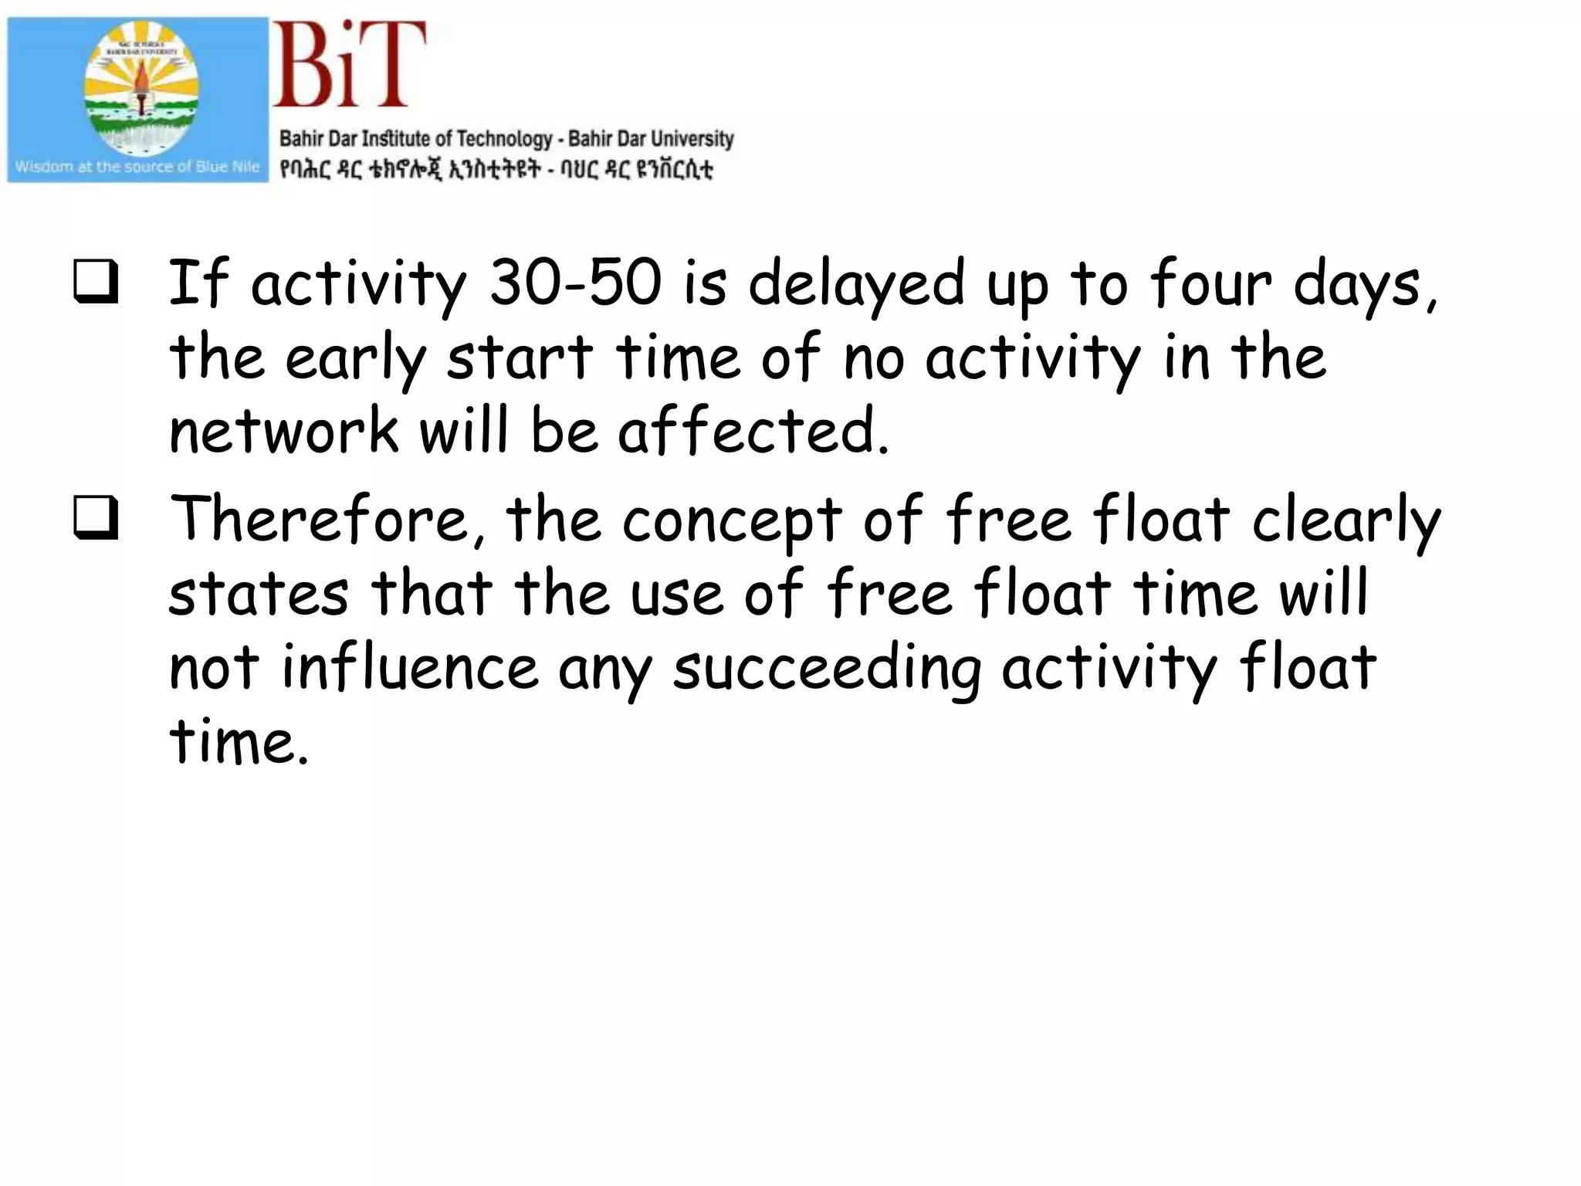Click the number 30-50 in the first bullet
point(575,283)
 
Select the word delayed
point(857,284)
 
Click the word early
point(356,360)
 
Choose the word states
point(259,595)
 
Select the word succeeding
point(827,669)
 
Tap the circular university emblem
point(141,86)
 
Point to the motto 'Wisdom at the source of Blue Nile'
point(137,167)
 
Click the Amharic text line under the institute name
point(496,168)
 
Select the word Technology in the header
point(504,139)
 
